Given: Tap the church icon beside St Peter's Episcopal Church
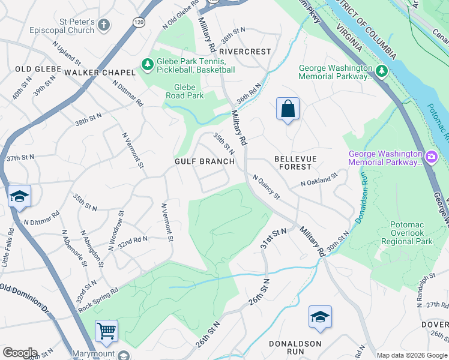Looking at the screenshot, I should (104, 25).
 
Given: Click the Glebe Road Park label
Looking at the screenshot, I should (185, 91).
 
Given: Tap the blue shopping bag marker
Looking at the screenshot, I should (288, 109).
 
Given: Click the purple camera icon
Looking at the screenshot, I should (430, 157).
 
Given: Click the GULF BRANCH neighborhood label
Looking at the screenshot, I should (204, 161).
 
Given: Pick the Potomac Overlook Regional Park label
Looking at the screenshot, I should (411, 232).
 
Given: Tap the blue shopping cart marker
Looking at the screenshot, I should (106, 331).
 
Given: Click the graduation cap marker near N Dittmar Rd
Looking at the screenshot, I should (19, 197).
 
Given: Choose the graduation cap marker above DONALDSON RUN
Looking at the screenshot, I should (320, 317).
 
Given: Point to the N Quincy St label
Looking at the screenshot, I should (266, 187).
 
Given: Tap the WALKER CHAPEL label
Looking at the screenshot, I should (100, 73).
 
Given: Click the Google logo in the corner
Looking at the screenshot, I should (20, 353).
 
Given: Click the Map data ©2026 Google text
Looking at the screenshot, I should (411, 355).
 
